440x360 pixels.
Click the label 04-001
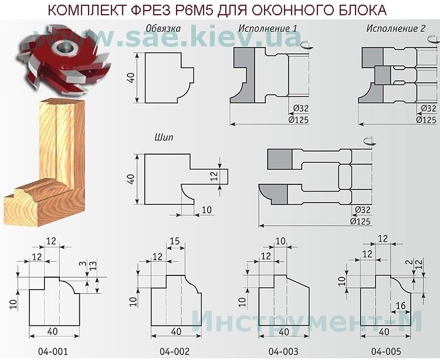tap(53, 351)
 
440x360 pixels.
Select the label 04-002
tap(175, 351)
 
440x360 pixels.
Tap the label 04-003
tap(283, 351)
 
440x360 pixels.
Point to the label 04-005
tap(386, 351)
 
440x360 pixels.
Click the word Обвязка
tap(163, 28)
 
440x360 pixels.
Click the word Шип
tap(164, 137)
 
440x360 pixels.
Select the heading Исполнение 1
tap(268, 28)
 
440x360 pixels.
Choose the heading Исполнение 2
tap(395, 28)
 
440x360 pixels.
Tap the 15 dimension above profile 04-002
tap(175, 241)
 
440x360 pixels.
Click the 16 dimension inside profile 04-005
tap(401, 305)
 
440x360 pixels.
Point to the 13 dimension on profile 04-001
tap(93, 265)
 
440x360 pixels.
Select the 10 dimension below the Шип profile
tap(207, 210)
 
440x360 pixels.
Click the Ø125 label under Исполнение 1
tap(298, 120)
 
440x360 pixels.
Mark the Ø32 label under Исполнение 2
tap(428, 108)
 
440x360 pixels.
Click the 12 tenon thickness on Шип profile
tap(214, 176)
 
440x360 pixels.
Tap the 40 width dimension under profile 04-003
tap(283, 332)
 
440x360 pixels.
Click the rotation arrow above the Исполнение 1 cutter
tap(306, 45)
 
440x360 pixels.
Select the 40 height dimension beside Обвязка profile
tap(131, 78)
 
